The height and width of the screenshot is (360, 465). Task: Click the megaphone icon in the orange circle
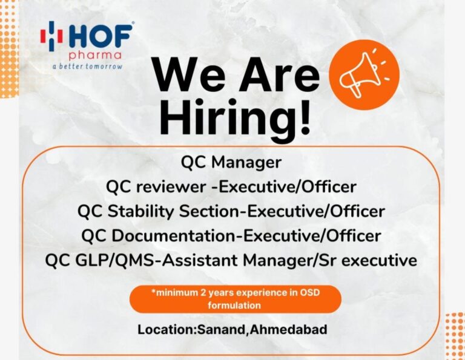pos(364,74)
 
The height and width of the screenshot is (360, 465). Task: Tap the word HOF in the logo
pos(101,36)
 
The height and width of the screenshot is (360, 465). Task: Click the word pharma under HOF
pos(95,56)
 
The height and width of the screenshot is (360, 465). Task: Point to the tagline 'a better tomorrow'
pos(87,66)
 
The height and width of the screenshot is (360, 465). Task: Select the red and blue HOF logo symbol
pos(51,36)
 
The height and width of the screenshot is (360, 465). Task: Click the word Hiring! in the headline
pos(236,118)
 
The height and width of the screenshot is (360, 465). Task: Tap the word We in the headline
pos(190,74)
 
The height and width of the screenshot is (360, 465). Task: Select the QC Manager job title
pos(231,163)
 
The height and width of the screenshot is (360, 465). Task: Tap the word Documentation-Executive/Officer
pos(246,236)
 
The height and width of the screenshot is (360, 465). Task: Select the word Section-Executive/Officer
pos(282,212)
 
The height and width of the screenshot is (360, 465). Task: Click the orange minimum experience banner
pos(236,299)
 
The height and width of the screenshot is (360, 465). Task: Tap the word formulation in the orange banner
pos(234,305)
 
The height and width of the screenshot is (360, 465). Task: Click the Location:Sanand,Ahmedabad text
pos(232,330)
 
